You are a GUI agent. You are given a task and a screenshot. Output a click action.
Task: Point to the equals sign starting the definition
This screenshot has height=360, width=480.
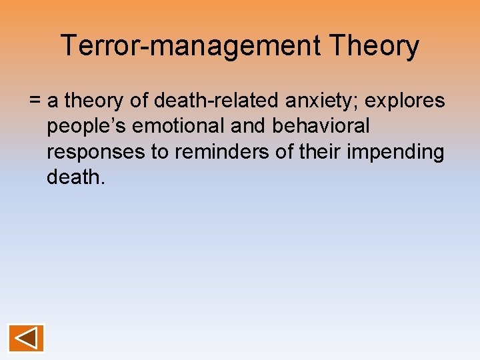click(x=35, y=101)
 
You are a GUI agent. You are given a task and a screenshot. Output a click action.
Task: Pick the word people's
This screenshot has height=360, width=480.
click(x=81, y=126)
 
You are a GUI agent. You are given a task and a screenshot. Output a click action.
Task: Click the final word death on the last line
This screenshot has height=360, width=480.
click(x=75, y=177)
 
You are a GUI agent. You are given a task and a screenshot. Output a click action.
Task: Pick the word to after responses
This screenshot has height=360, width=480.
click(x=160, y=151)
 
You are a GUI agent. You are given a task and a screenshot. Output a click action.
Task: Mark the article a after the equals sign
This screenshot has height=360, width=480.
click(x=53, y=101)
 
